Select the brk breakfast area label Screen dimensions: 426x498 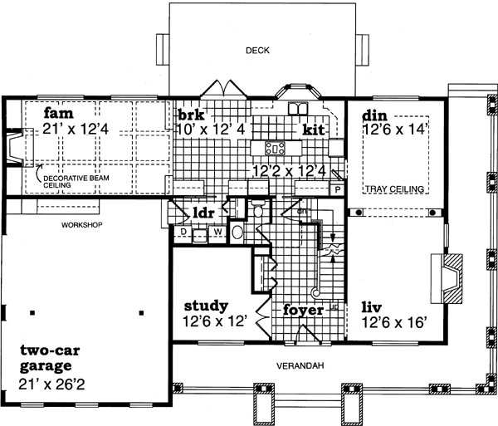coord(188,114)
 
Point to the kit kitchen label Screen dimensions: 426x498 coord(313,130)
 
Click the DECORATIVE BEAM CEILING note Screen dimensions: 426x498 coord(68,181)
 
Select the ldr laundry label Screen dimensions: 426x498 coord(203,213)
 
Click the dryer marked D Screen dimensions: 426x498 coord(184,233)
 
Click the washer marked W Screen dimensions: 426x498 coord(217,233)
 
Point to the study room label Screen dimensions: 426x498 coord(207,306)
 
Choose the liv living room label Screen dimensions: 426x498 coord(372,307)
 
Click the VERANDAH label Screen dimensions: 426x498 coord(300,365)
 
